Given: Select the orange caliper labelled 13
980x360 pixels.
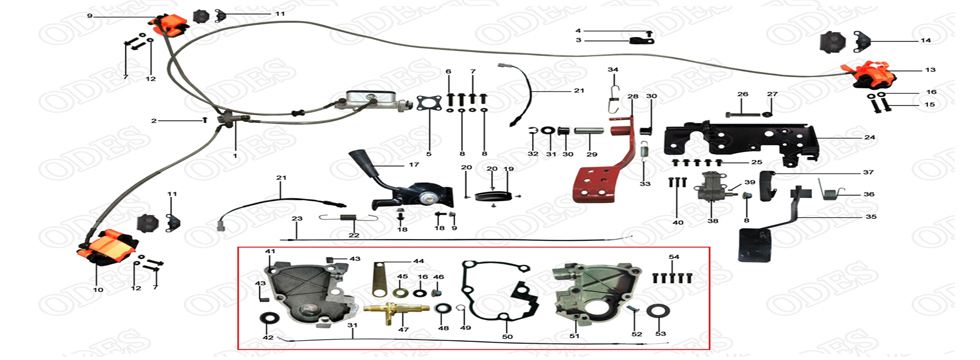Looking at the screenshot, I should click(871, 74).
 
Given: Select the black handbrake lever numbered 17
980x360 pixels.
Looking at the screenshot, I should click(376, 180).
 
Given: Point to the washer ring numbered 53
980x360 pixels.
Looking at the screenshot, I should click(660, 310).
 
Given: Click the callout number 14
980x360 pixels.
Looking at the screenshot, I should click(925, 41).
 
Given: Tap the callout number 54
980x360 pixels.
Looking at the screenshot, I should click(673, 257).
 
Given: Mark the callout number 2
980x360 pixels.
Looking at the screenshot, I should click(154, 121).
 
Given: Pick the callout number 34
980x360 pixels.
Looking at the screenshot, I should click(614, 69).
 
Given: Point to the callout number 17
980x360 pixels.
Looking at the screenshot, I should click(413, 165).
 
